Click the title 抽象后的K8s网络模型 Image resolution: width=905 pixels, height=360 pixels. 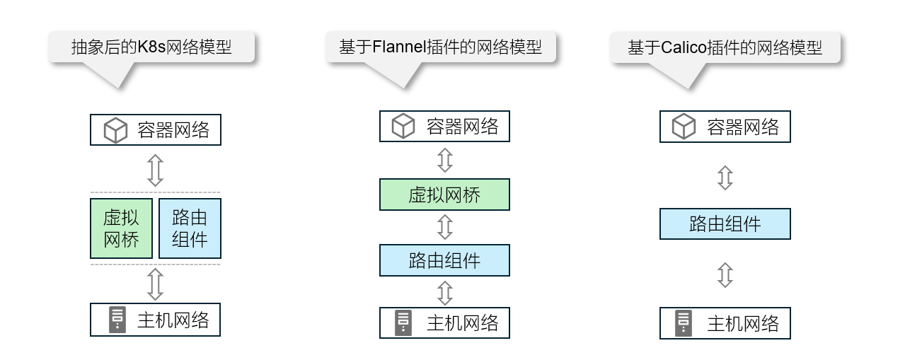[x=151, y=47]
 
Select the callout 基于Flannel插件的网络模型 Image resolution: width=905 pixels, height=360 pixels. [x=440, y=47]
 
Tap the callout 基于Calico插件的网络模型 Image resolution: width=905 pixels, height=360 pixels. [x=725, y=47]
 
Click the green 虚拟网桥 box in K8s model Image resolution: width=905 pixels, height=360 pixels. [x=121, y=228]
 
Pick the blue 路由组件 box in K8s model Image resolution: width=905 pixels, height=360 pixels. [x=190, y=228]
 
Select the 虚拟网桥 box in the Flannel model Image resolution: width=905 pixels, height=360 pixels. [x=444, y=194]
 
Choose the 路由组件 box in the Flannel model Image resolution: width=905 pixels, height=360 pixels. [x=444, y=260]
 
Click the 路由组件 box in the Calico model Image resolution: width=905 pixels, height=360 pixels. [x=725, y=224]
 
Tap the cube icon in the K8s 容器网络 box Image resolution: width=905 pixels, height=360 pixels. [x=115, y=130]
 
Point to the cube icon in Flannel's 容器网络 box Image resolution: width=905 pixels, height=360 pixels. [x=403, y=127]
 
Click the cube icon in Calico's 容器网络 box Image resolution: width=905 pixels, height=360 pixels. [x=684, y=127]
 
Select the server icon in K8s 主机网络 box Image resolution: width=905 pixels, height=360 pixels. [x=117, y=320]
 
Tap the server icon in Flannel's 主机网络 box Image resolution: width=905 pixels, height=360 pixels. [x=403, y=323]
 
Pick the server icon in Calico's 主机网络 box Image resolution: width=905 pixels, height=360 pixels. [x=684, y=323]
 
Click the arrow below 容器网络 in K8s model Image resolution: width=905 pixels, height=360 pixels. [x=155, y=170]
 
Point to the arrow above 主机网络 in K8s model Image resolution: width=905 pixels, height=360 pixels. [x=155, y=284]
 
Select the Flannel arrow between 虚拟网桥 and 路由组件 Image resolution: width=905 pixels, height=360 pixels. [x=444, y=227]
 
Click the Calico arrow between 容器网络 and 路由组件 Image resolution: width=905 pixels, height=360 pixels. [x=725, y=178]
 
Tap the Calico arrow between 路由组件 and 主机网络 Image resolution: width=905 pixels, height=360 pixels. [x=725, y=274]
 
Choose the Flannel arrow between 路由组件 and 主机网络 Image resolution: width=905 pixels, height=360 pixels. [x=444, y=292]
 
